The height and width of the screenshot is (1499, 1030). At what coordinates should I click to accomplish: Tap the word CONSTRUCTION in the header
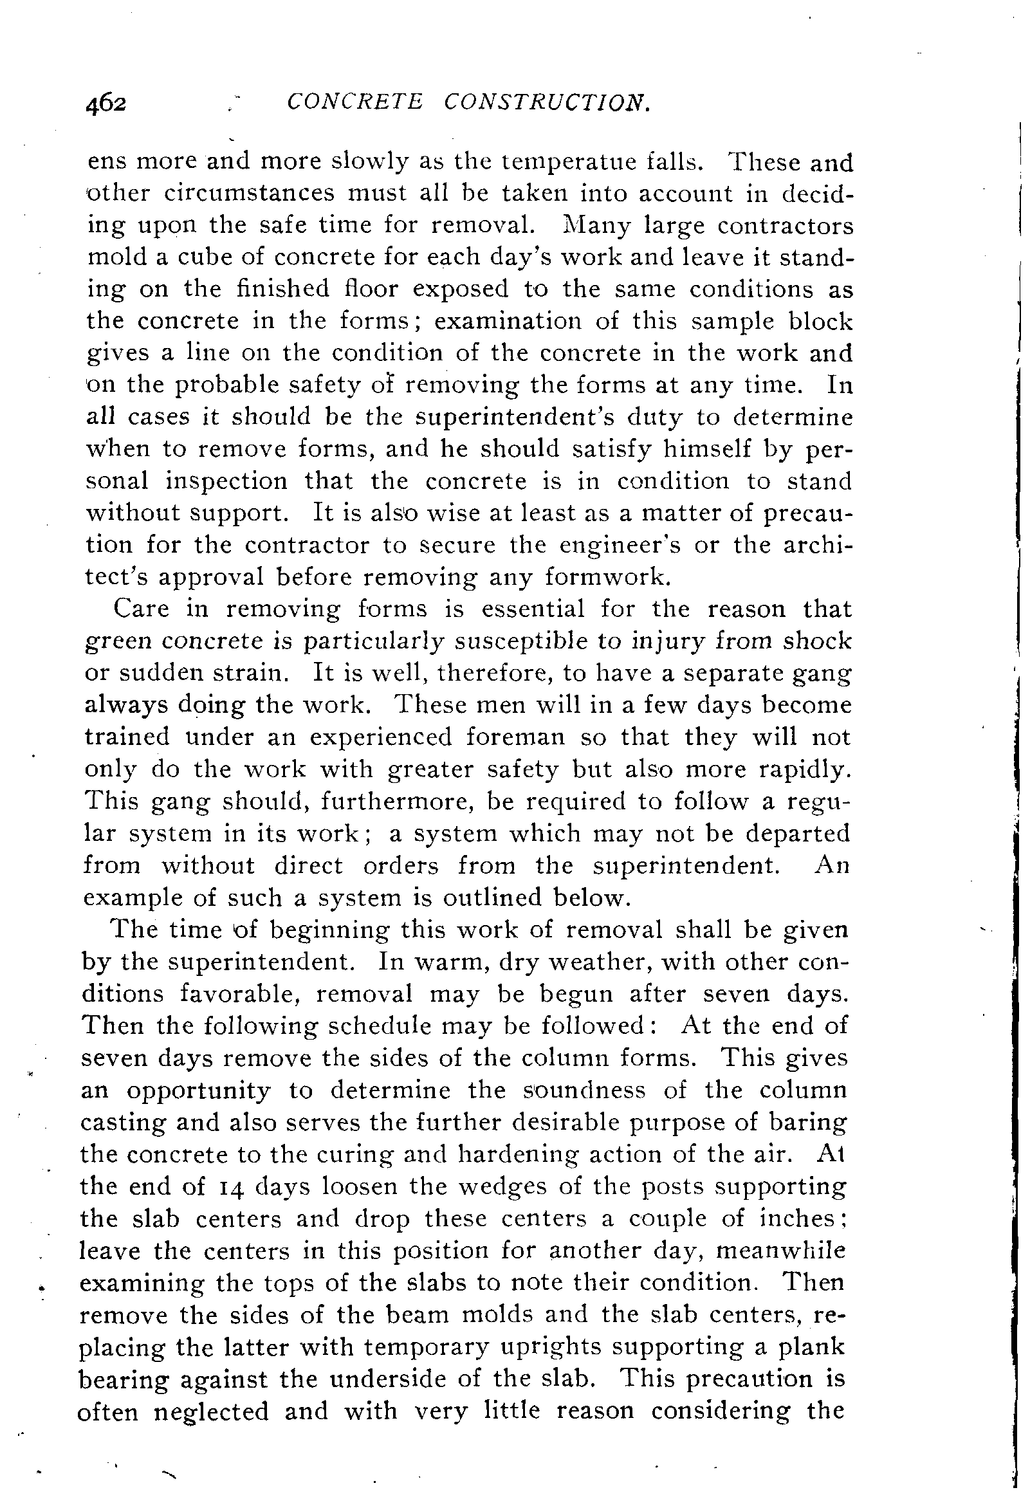click(547, 101)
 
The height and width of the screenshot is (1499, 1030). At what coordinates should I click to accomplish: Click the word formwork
click(604, 576)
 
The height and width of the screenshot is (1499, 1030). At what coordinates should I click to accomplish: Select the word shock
click(817, 640)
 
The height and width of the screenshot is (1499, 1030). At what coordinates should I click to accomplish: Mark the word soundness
click(585, 1090)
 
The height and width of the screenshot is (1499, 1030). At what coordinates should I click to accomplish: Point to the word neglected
click(211, 1412)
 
